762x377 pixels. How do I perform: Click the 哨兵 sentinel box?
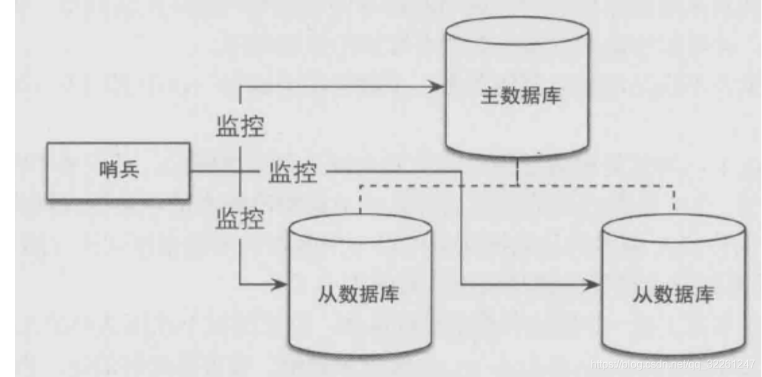[x=118, y=171]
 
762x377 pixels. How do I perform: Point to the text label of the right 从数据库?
[x=674, y=295]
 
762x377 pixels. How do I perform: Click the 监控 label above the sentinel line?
[x=239, y=126]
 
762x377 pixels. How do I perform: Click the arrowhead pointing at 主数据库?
[x=436, y=86]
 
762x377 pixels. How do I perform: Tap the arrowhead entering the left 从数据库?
[x=281, y=283]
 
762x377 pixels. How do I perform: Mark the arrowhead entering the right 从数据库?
[x=593, y=283]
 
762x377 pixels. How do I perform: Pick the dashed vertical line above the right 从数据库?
[x=674, y=199]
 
